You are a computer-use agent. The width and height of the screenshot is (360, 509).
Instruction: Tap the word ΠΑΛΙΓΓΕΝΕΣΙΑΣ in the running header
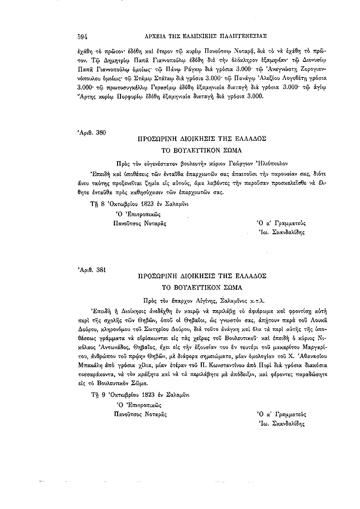[x=242, y=36]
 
